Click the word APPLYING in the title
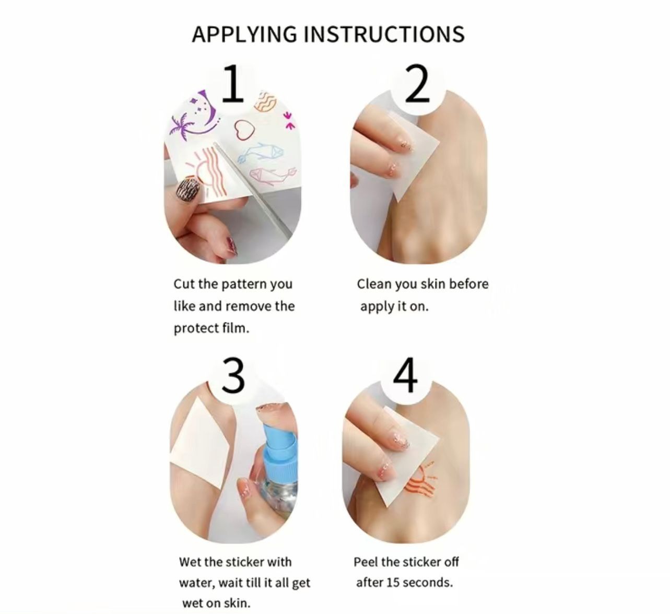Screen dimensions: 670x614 click(244, 34)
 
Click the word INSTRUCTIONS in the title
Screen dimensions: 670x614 click(384, 34)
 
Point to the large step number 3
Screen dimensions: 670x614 click(233, 375)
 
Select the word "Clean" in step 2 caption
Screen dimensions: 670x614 click(374, 284)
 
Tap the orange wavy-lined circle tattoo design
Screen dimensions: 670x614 click(265, 101)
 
